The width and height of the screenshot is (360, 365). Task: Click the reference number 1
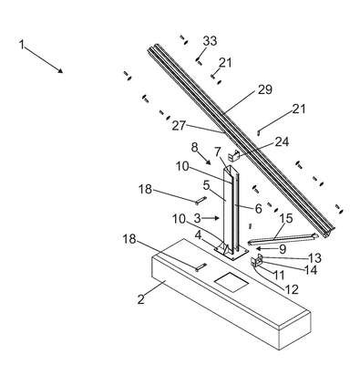coord(21,45)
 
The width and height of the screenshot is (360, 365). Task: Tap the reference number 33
coord(210,41)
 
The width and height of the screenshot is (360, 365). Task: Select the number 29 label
coord(265,89)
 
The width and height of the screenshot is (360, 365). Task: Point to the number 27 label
coord(179,125)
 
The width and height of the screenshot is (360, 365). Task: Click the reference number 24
coord(283,141)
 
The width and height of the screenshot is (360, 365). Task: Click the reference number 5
coord(207,185)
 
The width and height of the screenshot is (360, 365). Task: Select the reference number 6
coord(258,209)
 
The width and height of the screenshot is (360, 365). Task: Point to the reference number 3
coord(198,218)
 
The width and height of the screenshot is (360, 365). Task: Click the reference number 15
coord(285,218)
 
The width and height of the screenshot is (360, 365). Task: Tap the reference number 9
coord(283,249)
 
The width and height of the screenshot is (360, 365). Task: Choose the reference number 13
coord(314,258)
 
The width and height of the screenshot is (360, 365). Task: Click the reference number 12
coord(292,289)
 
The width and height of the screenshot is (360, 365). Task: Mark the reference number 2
coord(140,299)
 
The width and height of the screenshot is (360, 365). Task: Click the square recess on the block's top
coord(231,281)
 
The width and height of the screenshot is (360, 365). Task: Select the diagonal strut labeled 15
coord(283,239)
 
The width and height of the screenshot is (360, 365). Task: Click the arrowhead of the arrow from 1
coord(60,70)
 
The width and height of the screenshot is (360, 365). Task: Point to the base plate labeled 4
coord(231,252)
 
